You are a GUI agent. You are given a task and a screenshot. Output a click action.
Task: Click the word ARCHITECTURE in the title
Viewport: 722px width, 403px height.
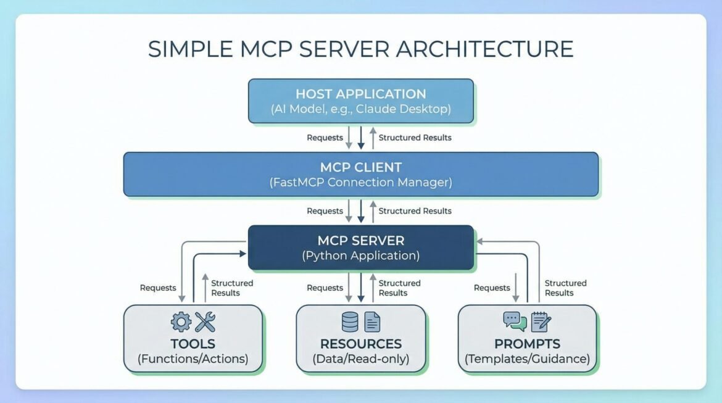[x=485, y=49]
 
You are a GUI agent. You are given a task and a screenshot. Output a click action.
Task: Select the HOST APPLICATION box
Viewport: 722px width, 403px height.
[x=361, y=101]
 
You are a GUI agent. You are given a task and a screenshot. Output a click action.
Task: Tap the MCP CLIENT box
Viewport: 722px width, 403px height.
[x=361, y=174]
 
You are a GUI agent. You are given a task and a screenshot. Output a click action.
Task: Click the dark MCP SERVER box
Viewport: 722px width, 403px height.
[x=361, y=247]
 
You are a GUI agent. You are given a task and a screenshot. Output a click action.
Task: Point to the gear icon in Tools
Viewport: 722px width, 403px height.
[x=181, y=322]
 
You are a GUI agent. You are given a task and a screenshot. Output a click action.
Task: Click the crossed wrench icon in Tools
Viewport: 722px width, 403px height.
[x=205, y=322]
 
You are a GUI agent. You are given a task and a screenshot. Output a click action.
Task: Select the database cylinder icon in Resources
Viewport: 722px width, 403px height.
[x=350, y=322]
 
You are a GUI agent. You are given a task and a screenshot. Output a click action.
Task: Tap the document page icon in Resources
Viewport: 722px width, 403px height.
[x=372, y=322]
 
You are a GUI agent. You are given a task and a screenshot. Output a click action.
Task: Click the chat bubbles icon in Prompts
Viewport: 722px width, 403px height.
[x=515, y=321]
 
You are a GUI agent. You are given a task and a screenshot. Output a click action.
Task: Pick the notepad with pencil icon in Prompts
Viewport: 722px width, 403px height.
[x=541, y=321]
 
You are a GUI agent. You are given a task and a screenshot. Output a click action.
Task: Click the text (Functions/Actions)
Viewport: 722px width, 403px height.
[x=193, y=359]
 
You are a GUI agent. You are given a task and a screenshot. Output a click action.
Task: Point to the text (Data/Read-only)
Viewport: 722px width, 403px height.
[x=361, y=359]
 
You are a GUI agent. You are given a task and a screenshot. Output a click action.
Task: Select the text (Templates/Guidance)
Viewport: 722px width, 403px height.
[x=527, y=359]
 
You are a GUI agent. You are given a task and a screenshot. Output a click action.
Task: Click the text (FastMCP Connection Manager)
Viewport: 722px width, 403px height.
[x=361, y=183]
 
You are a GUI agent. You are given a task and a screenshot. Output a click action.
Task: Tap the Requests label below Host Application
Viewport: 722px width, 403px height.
[x=325, y=138]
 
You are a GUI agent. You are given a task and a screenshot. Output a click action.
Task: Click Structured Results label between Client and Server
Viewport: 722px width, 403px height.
[x=415, y=211]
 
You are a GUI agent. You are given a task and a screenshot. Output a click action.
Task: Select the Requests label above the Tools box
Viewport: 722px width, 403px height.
[x=158, y=288]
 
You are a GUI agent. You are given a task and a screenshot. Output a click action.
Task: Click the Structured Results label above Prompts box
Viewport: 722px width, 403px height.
[x=565, y=288]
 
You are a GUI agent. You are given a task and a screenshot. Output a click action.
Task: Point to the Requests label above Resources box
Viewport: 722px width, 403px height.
[x=325, y=288]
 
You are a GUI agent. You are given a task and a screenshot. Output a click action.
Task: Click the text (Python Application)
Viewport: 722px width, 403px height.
[x=361, y=256]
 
